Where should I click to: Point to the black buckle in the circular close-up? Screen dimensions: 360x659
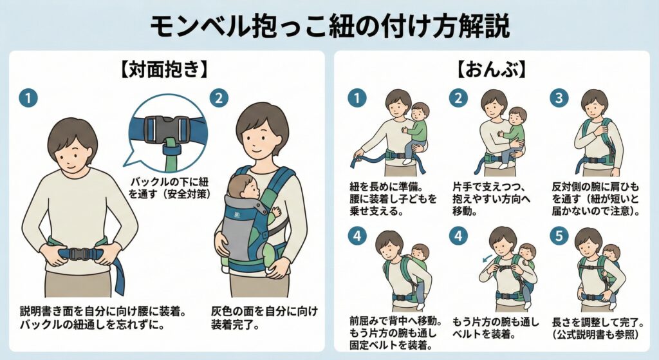point(167,129)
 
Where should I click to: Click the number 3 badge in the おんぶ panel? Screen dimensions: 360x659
point(559,98)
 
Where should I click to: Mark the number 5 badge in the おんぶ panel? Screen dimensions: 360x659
point(559,236)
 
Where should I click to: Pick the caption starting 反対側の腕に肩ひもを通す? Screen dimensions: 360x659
point(595,199)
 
